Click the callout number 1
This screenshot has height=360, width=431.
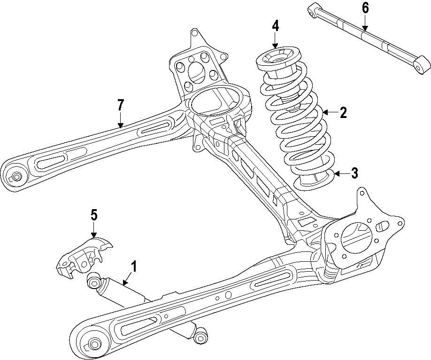[x=133, y=267]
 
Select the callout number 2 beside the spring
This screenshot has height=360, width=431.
[x=343, y=112]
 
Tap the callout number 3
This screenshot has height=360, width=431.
[x=354, y=173]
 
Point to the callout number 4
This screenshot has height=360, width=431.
[x=275, y=26]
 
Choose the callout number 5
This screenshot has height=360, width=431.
[x=94, y=215]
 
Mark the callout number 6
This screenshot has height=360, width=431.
[x=365, y=8]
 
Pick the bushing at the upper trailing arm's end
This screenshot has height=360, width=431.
[x=17, y=177]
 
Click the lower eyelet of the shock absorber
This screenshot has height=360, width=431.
[x=201, y=336]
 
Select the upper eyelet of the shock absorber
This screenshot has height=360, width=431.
[x=94, y=282]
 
